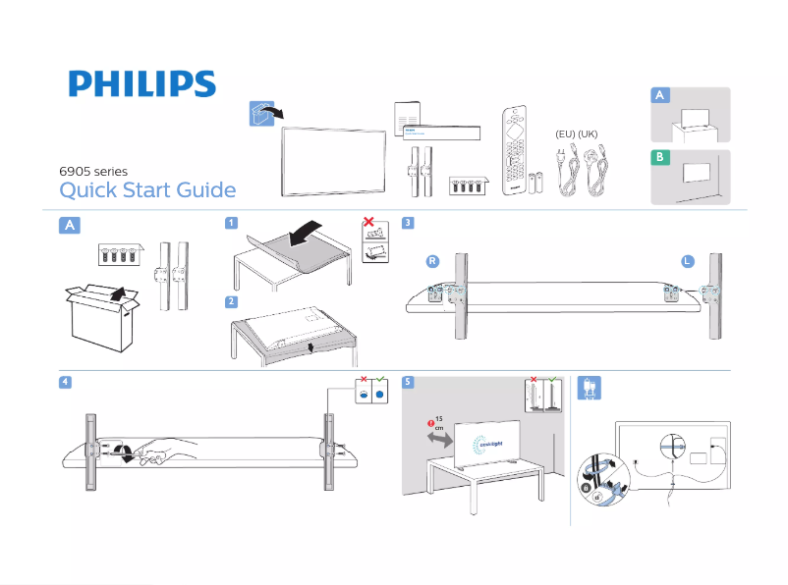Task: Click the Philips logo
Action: coord(141,84)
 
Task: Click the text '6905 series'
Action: coord(94,172)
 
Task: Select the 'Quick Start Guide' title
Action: coord(147,190)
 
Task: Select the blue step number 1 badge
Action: coord(230,223)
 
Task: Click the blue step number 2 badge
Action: coord(230,301)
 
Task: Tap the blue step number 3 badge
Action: coord(407,223)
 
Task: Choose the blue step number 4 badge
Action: coord(63,382)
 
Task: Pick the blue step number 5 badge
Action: coord(407,382)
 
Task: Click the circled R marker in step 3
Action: coord(431,261)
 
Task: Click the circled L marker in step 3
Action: coord(688,261)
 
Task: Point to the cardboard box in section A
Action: coord(101,316)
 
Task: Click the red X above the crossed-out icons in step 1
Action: coord(369,222)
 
